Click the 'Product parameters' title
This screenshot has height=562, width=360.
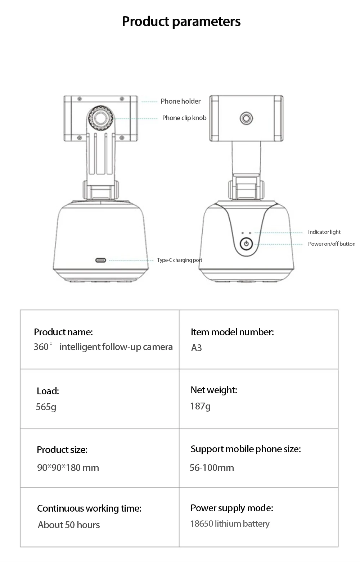[x=181, y=22]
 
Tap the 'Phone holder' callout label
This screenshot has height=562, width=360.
[x=180, y=101]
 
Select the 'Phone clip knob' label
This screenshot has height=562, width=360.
[x=184, y=118]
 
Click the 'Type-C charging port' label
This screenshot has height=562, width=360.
[x=179, y=260]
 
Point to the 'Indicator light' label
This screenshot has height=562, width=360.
[x=324, y=232]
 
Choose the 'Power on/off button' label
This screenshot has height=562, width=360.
[x=332, y=244]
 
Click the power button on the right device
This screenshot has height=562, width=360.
[x=246, y=244]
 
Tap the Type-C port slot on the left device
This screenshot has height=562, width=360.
[x=100, y=260]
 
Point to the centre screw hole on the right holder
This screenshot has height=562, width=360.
[x=246, y=118]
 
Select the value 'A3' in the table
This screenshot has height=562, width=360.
[x=197, y=348]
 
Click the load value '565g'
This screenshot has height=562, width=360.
[x=46, y=407]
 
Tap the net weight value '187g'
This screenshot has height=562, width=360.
[x=201, y=406]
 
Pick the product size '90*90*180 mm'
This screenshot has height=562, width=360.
[x=68, y=468]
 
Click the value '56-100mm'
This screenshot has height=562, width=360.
[x=212, y=468]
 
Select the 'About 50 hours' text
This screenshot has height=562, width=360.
[x=69, y=525]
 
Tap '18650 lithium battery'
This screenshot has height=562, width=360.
[x=230, y=524]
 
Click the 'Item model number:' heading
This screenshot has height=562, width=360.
[x=232, y=332]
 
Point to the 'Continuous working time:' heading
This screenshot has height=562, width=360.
[x=89, y=508]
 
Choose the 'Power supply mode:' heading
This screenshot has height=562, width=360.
[x=232, y=508]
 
